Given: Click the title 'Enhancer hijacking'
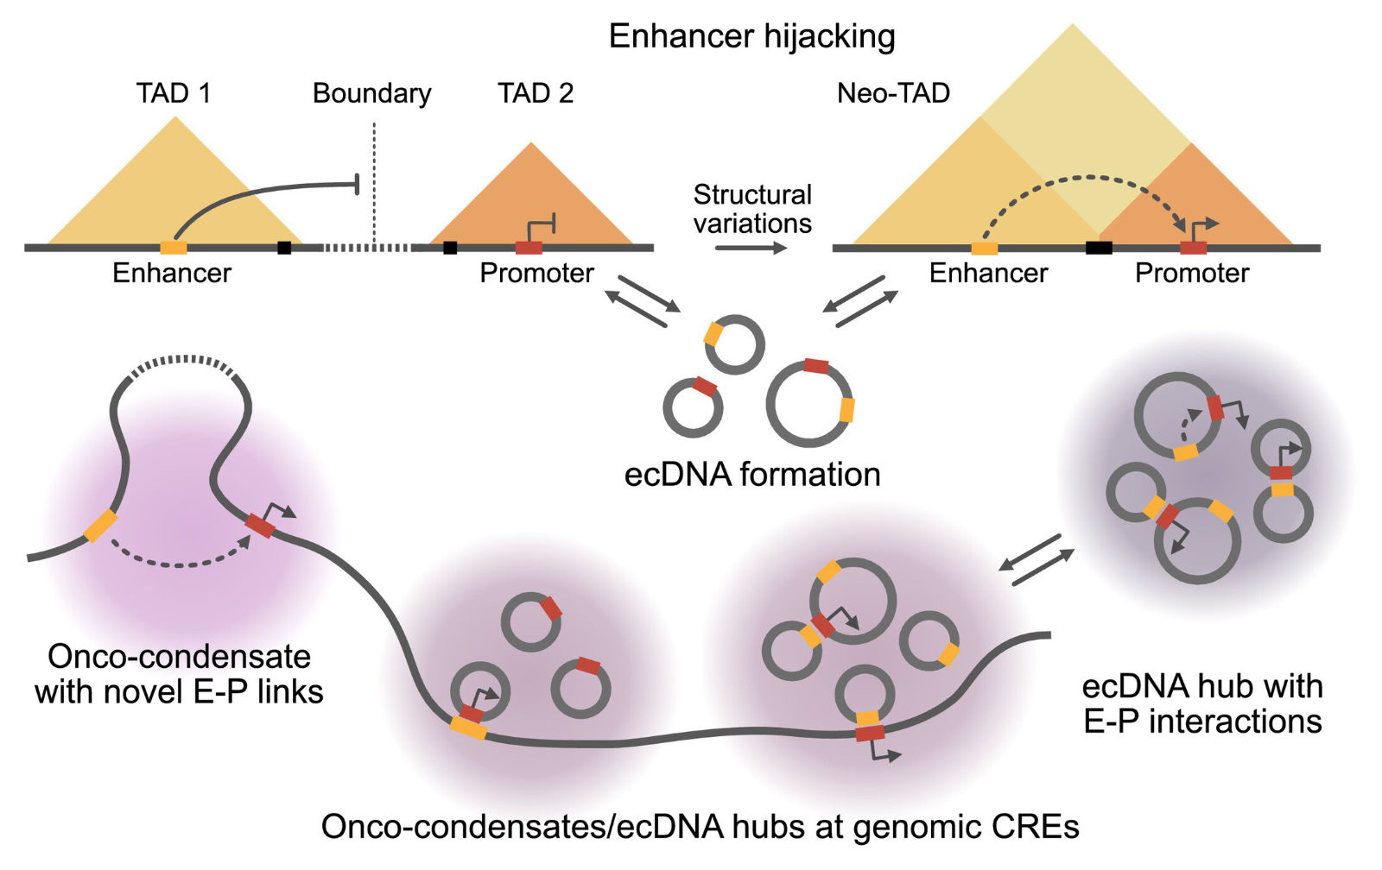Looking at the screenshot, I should (x=751, y=36).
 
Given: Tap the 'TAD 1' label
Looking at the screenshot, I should (x=174, y=92).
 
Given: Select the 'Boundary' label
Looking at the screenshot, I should (x=371, y=92).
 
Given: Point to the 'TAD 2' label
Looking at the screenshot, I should (x=536, y=92).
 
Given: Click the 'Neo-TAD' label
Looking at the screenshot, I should (x=893, y=92).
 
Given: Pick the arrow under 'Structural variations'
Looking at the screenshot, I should (x=751, y=249).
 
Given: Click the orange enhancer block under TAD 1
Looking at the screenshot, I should (x=174, y=248).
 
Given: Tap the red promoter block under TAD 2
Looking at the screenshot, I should (x=529, y=248).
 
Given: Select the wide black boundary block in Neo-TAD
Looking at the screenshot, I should (x=1099, y=248).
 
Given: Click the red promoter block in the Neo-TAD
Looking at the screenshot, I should (x=1194, y=248).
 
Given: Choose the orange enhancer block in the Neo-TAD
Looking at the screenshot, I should (x=985, y=248).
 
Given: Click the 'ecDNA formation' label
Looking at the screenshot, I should (x=751, y=475).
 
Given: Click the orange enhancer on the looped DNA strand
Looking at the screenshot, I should (x=100, y=526).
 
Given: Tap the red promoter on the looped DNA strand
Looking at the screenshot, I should (x=259, y=525).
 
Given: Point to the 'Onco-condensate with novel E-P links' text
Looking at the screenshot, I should (x=179, y=674).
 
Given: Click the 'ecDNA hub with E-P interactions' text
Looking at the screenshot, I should (x=1202, y=703).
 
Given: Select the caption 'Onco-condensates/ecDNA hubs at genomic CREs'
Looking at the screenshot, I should (x=700, y=827).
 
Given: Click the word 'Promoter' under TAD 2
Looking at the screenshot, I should (x=536, y=274).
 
